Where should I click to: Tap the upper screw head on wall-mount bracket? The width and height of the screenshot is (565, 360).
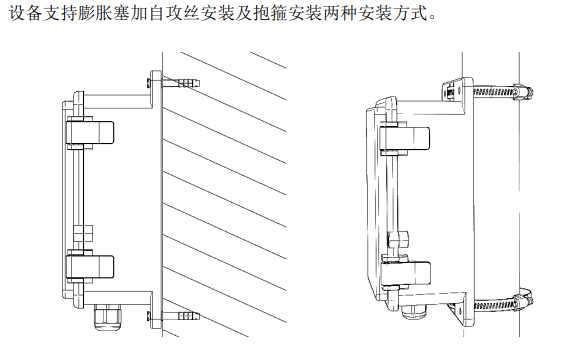click(149, 83)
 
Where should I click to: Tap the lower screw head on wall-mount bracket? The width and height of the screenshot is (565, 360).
click(149, 316)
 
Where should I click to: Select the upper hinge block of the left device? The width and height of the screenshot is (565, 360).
click(90, 132)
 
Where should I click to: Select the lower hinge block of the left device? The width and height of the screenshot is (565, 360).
click(90, 266)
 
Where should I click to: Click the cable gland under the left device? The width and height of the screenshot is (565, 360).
click(108, 317)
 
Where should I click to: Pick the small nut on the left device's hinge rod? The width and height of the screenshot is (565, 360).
click(83, 234)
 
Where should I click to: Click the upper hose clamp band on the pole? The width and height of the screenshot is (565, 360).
click(494, 91)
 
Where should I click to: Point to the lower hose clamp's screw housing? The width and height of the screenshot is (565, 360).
click(523, 300)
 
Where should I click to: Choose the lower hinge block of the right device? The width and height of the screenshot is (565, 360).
click(406, 273)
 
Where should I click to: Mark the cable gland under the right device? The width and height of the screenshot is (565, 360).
click(414, 312)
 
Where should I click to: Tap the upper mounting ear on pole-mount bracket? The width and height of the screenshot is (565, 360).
click(453, 89)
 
